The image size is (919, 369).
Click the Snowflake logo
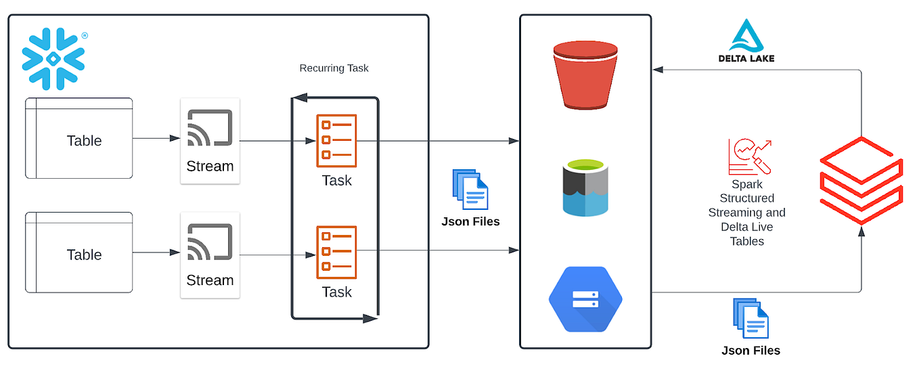[x=53, y=59]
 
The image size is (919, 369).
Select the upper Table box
[x=79, y=139]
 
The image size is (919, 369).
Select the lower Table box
[x=79, y=253]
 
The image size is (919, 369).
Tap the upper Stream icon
[x=210, y=127]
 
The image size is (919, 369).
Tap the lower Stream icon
[x=210, y=242]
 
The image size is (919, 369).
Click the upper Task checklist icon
[x=336, y=141]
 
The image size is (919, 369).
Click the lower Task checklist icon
[x=336, y=253]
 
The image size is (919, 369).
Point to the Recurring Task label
[x=334, y=68]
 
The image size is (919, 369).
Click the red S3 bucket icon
[x=585, y=74]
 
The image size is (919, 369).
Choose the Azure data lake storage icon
[x=585, y=188]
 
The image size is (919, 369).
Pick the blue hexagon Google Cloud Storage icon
[x=585, y=299]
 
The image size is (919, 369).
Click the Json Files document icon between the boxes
[x=470, y=190]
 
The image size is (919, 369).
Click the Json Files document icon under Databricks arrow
[x=750, y=319]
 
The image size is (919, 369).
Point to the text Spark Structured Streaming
[x=746, y=198]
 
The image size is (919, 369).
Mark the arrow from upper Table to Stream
[x=156, y=139]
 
